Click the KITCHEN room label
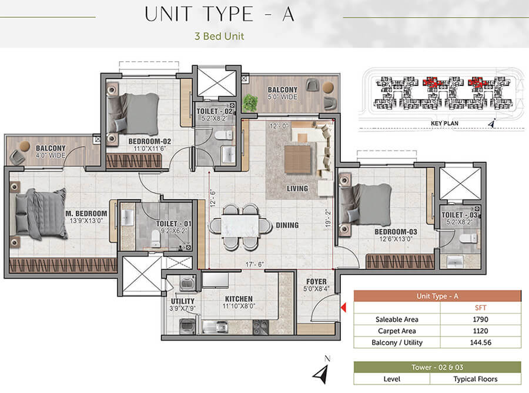tap(239, 299)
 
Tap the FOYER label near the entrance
tap(316, 281)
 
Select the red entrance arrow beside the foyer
tap(343, 308)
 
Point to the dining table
tap(240, 226)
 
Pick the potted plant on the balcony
tap(250, 102)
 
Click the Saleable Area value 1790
tap(480, 319)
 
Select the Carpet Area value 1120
tap(480, 331)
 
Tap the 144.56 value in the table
tap(481, 342)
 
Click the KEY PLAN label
tap(445, 123)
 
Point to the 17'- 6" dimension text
tap(255, 264)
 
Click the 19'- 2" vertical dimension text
tap(328, 218)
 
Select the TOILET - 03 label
tap(460, 215)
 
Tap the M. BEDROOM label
tap(86, 214)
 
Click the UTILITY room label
tap(183, 301)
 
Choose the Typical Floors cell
tap(476, 379)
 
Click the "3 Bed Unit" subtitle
tap(219, 36)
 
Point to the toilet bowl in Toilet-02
tap(224, 135)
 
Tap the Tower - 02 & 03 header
tap(437, 367)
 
